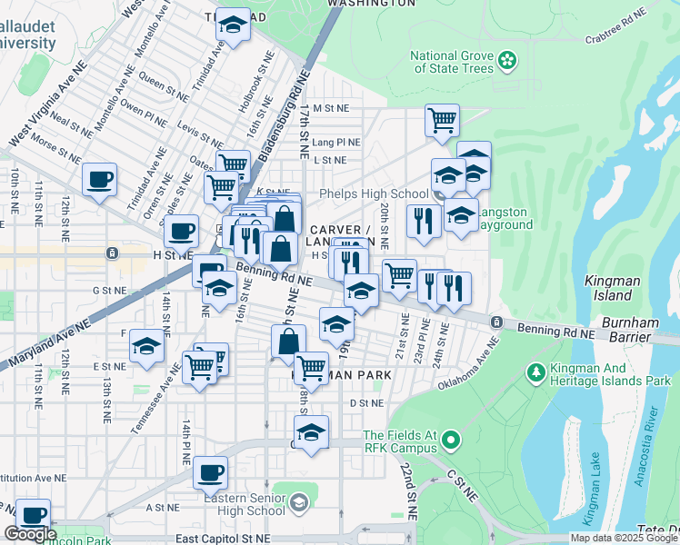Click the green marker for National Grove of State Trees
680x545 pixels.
tap(507, 61)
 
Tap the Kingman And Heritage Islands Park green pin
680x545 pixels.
tap(536, 372)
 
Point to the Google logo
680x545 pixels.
tap(30, 535)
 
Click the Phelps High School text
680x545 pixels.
tap(374, 193)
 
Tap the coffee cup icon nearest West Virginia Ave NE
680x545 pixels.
tap(99, 178)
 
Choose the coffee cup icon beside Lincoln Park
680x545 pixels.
tap(34, 514)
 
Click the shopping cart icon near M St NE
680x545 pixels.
tap(442, 119)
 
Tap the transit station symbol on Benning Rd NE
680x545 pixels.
tap(496, 322)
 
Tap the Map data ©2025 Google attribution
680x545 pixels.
tap(624, 538)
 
